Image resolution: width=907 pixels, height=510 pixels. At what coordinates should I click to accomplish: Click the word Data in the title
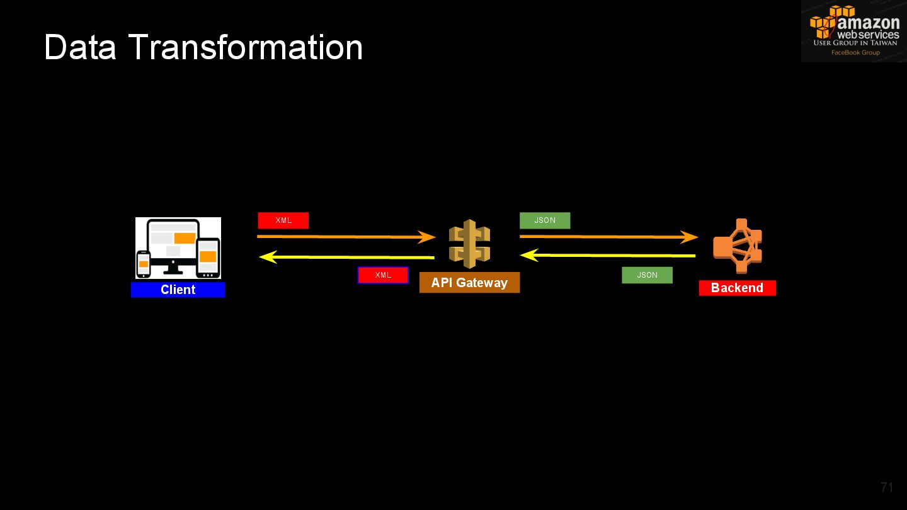coord(80,47)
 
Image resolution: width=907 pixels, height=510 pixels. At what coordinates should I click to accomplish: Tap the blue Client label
coord(178,290)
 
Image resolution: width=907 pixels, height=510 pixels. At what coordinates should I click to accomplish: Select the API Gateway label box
coord(469,283)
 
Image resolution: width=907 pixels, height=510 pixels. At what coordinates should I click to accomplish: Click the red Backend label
coord(737,288)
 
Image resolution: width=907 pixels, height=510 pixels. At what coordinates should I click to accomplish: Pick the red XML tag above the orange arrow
coord(283,220)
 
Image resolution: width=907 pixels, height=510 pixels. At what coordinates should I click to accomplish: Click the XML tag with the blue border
coord(383,275)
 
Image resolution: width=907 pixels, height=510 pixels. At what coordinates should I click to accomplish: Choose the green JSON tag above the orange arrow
coord(545,220)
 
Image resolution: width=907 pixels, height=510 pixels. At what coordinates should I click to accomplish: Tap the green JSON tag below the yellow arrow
coord(647,275)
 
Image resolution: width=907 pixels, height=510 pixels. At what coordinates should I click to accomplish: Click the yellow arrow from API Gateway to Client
coord(346,257)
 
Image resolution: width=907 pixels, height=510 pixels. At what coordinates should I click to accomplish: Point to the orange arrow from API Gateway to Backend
coord(608,237)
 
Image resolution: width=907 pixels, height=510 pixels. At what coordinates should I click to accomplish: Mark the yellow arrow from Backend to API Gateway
coord(608,256)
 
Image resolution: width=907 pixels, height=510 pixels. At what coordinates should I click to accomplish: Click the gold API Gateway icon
coord(469,244)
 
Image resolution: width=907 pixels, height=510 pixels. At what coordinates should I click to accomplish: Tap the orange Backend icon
coord(738,246)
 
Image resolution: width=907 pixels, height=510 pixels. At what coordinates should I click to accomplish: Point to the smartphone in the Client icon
coord(144,264)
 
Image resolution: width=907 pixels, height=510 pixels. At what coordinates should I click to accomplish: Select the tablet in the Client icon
coord(208,258)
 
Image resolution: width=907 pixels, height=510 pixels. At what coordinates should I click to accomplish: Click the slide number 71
coord(887,487)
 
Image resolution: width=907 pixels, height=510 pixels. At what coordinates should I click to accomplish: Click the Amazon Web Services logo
coord(854,31)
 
